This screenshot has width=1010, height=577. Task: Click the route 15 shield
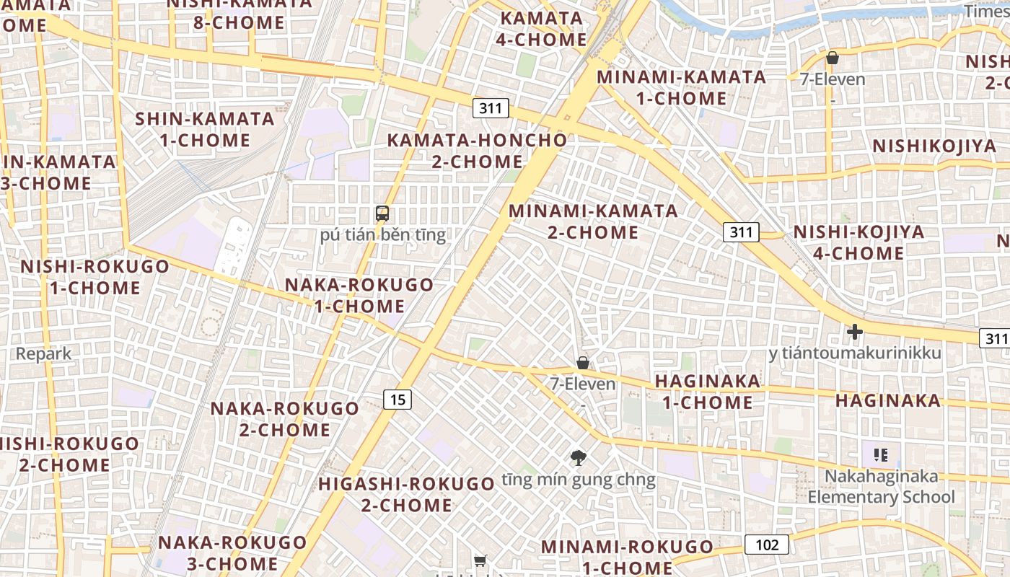tap(398, 399)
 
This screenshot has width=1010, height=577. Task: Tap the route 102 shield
tap(767, 545)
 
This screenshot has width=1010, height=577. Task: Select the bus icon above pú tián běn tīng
tap(382, 213)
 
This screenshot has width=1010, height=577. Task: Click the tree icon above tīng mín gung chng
tap(578, 457)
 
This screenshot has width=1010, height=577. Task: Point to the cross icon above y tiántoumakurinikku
tap(855, 332)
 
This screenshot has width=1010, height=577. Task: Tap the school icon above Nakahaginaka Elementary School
tap(880, 454)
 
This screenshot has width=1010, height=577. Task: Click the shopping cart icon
tap(480, 560)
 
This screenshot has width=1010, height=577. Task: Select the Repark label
tap(44, 353)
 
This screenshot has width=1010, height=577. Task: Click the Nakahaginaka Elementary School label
tap(881, 487)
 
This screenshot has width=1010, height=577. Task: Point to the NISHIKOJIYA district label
tap(934, 146)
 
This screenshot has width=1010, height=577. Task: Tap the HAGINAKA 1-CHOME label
tap(707, 392)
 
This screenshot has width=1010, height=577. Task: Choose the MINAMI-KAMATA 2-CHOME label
tap(593, 221)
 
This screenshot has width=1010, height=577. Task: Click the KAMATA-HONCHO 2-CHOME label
tap(477, 150)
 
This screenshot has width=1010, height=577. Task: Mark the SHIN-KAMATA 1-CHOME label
tap(205, 129)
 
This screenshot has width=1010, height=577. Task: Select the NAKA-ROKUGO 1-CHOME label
tap(359, 295)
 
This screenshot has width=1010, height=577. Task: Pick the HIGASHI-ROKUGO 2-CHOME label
tap(406, 494)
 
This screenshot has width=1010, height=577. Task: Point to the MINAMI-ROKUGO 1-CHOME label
tap(627, 557)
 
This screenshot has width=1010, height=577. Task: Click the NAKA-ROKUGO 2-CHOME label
tap(284, 419)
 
